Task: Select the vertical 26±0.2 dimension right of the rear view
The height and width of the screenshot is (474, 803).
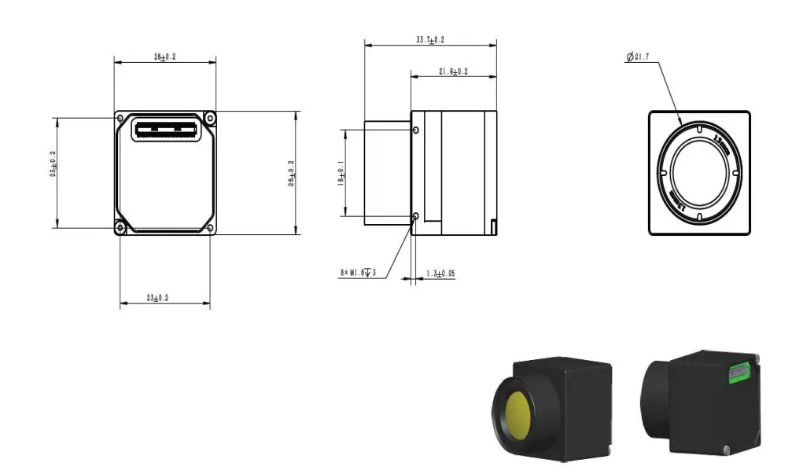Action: tap(291, 173)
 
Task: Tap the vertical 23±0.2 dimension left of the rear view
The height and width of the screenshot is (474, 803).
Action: tap(53, 165)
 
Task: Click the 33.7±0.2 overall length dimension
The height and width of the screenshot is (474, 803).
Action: tap(429, 39)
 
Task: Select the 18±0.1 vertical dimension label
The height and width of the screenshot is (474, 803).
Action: tap(341, 173)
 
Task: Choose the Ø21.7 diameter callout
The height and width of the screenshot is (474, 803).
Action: tap(638, 57)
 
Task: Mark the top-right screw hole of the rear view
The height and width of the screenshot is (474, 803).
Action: tap(209, 118)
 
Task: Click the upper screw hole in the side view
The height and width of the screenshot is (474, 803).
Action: tap(416, 130)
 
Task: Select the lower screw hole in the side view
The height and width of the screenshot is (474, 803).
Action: tap(416, 215)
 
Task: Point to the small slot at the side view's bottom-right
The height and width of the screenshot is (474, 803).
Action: tap(492, 226)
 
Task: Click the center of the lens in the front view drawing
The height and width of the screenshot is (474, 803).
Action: tap(699, 172)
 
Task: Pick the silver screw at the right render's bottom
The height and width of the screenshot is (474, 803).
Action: tap(728, 450)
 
